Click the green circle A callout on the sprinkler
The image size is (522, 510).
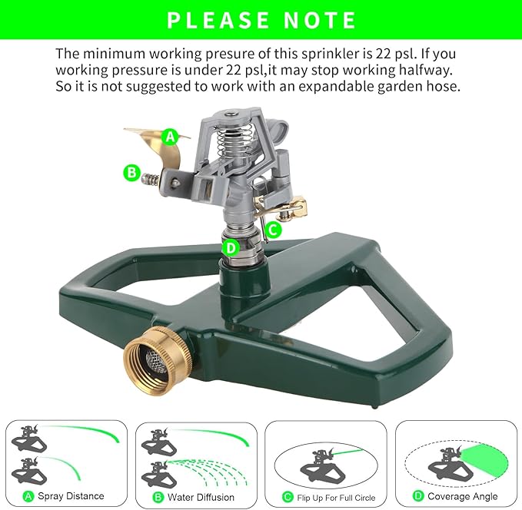point(171,137)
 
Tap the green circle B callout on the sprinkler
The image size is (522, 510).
point(132,172)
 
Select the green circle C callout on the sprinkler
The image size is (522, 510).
point(273,228)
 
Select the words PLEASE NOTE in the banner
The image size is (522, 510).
point(261,20)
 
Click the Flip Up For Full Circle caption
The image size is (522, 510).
point(336,498)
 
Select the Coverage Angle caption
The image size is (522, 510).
point(462,496)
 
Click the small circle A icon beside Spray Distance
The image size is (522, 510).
point(28,496)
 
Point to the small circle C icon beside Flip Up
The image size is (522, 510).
point(287,497)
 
